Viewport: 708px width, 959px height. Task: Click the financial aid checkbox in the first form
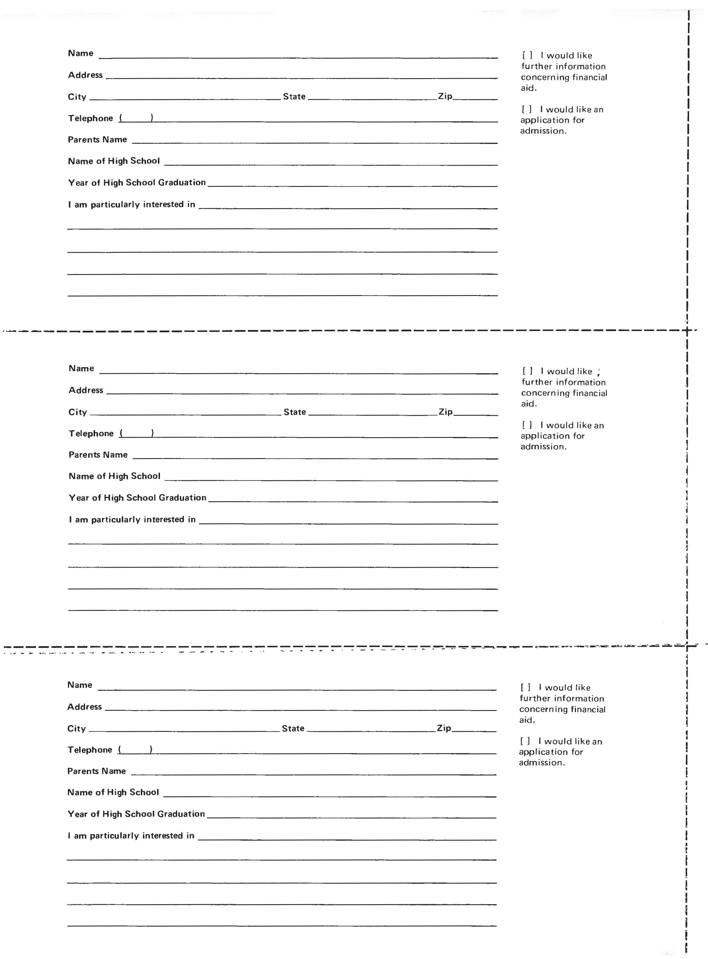pos(527,55)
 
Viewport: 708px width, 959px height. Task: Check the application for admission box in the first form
pos(527,109)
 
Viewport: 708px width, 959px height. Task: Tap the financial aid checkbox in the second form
pos(528,371)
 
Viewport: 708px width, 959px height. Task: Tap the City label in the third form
pos(76,728)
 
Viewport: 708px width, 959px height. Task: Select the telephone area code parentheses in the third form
pos(135,749)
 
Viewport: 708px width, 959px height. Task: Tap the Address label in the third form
pos(84,706)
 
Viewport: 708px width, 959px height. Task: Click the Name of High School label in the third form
pos(113,792)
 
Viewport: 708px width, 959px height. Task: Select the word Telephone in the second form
pos(91,433)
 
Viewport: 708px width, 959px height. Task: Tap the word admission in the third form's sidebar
pos(542,762)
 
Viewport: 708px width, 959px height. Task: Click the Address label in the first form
pos(85,75)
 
